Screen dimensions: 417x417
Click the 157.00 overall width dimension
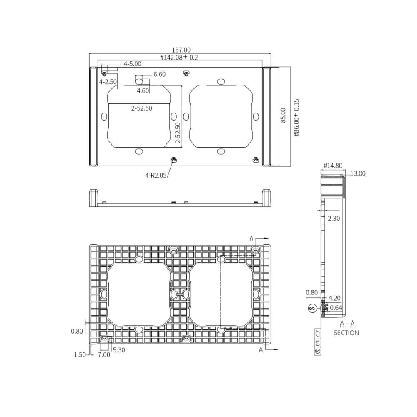click(181, 50)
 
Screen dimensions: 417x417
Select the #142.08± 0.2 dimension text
click(179, 58)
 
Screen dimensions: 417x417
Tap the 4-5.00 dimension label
click(132, 64)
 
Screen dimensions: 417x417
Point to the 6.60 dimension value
click(159, 74)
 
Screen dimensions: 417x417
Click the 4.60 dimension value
click(143, 90)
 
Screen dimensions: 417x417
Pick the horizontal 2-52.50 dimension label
click(141, 108)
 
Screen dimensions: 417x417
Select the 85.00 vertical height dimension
click(283, 115)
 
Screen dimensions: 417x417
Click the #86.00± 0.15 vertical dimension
click(296, 118)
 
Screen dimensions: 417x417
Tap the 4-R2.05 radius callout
click(156, 176)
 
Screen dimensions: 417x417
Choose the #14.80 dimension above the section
click(333, 166)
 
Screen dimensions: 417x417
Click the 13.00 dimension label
click(357, 173)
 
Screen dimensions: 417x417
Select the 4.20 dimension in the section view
click(335, 299)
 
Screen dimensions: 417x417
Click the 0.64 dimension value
click(336, 308)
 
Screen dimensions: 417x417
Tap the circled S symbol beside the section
click(311, 309)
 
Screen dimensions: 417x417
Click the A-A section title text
click(347, 324)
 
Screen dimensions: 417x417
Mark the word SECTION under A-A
click(346, 333)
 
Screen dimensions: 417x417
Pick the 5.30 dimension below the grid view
click(118, 350)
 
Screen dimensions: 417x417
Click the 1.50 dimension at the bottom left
click(79, 355)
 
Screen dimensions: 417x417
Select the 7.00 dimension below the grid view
click(104, 355)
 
